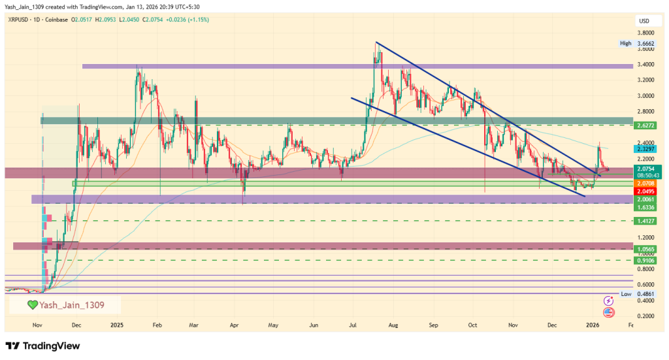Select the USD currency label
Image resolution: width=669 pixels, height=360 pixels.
(644, 22)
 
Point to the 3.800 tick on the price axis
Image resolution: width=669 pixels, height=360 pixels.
(647, 33)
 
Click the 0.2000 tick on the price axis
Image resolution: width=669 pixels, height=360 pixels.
(647, 316)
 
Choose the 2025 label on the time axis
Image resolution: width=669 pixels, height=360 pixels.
(117, 325)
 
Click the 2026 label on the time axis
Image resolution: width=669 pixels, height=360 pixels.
(593, 325)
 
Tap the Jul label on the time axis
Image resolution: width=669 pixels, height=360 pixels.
(353, 325)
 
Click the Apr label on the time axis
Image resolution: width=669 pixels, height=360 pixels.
(235, 325)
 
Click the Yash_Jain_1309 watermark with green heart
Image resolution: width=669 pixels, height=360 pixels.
(65, 304)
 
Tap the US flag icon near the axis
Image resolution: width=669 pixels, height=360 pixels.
(609, 312)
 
